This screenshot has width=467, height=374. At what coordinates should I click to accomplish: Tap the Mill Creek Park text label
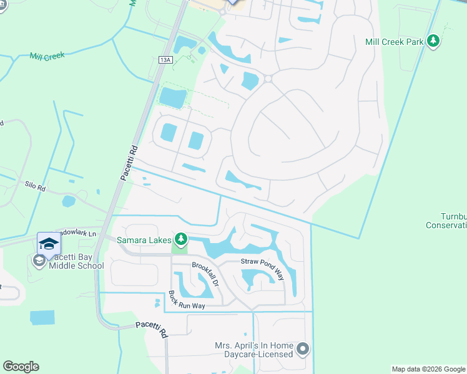(x=395, y=42)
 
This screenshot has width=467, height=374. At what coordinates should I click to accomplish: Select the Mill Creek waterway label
(x=47, y=56)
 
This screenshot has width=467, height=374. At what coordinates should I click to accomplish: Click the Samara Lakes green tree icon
(x=180, y=239)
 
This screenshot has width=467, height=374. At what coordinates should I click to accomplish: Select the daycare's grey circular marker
(x=303, y=348)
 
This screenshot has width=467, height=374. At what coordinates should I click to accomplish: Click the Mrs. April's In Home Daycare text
(x=254, y=349)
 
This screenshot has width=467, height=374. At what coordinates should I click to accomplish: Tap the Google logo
(x=21, y=367)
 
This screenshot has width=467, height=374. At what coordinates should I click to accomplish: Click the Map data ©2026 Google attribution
(x=428, y=369)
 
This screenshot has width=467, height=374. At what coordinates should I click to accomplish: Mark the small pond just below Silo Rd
(x=69, y=201)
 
